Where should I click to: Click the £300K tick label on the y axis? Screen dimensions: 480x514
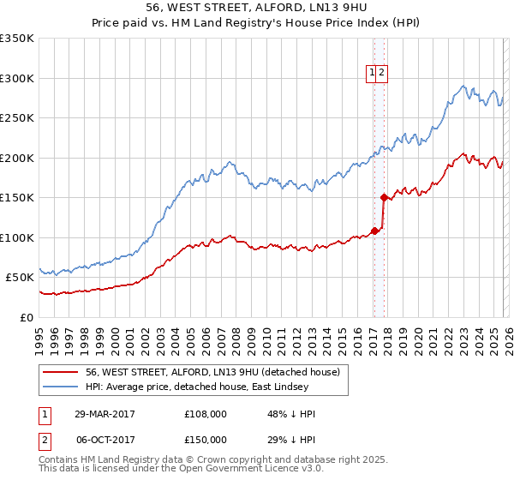[17, 78]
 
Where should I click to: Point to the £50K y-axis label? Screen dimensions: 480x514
[20, 278]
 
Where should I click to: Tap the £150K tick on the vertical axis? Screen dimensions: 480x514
[17, 198]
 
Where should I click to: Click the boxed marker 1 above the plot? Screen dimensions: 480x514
[374, 74]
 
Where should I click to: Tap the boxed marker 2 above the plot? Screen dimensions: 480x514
[382, 74]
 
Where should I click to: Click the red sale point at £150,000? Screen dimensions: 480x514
[383, 197]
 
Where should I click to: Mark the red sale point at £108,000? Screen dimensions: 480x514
[374, 231]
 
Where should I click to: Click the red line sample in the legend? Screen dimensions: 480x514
[61, 372]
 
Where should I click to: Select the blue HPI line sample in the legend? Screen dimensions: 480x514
[61, 387]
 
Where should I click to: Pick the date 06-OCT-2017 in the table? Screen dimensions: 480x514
[104, 439]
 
